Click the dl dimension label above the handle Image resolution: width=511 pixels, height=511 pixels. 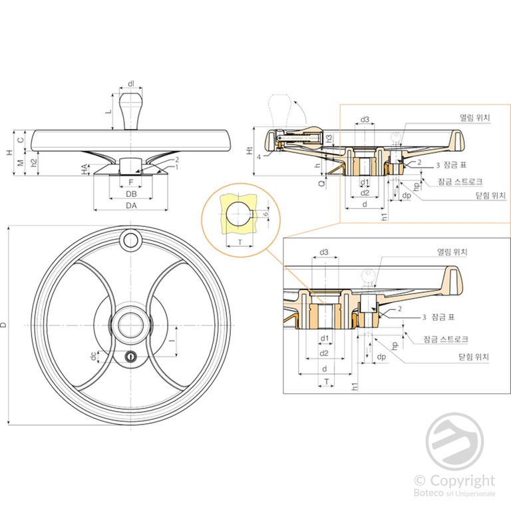131,83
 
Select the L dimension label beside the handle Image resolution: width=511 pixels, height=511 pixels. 108,112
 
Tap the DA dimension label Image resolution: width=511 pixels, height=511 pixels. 131,206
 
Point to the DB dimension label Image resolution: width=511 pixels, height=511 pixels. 131,194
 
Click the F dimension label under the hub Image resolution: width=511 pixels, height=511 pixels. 131,181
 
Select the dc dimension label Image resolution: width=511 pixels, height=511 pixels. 93,357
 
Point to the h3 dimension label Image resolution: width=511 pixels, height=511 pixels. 329,138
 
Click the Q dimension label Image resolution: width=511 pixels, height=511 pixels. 321,180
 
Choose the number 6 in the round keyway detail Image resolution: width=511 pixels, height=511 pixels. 265,214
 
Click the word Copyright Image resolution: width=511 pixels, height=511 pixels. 462,480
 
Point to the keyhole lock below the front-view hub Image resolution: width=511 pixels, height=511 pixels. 131,357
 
